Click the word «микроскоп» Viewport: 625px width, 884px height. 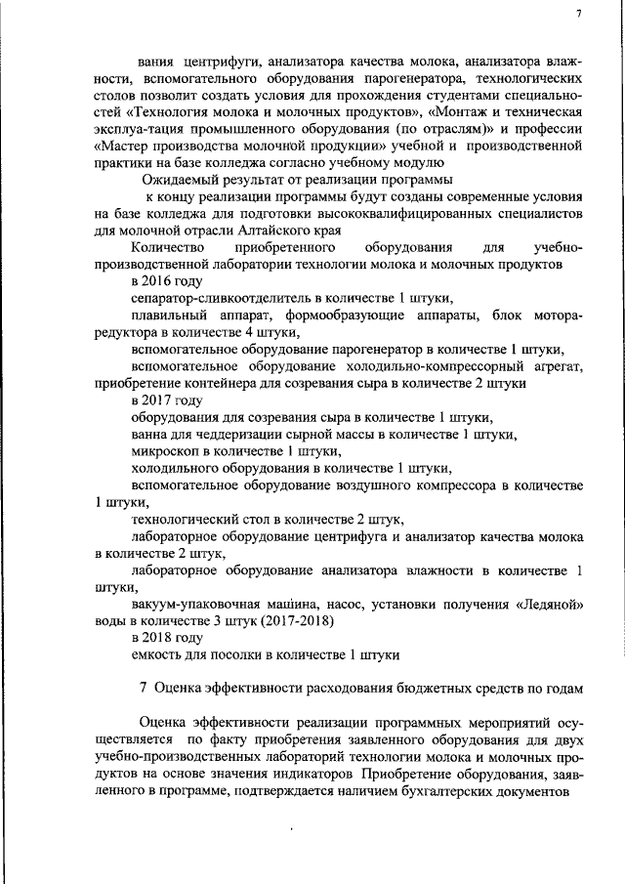pos(163,450)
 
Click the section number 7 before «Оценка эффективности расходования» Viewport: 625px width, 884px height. pos(143,688)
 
